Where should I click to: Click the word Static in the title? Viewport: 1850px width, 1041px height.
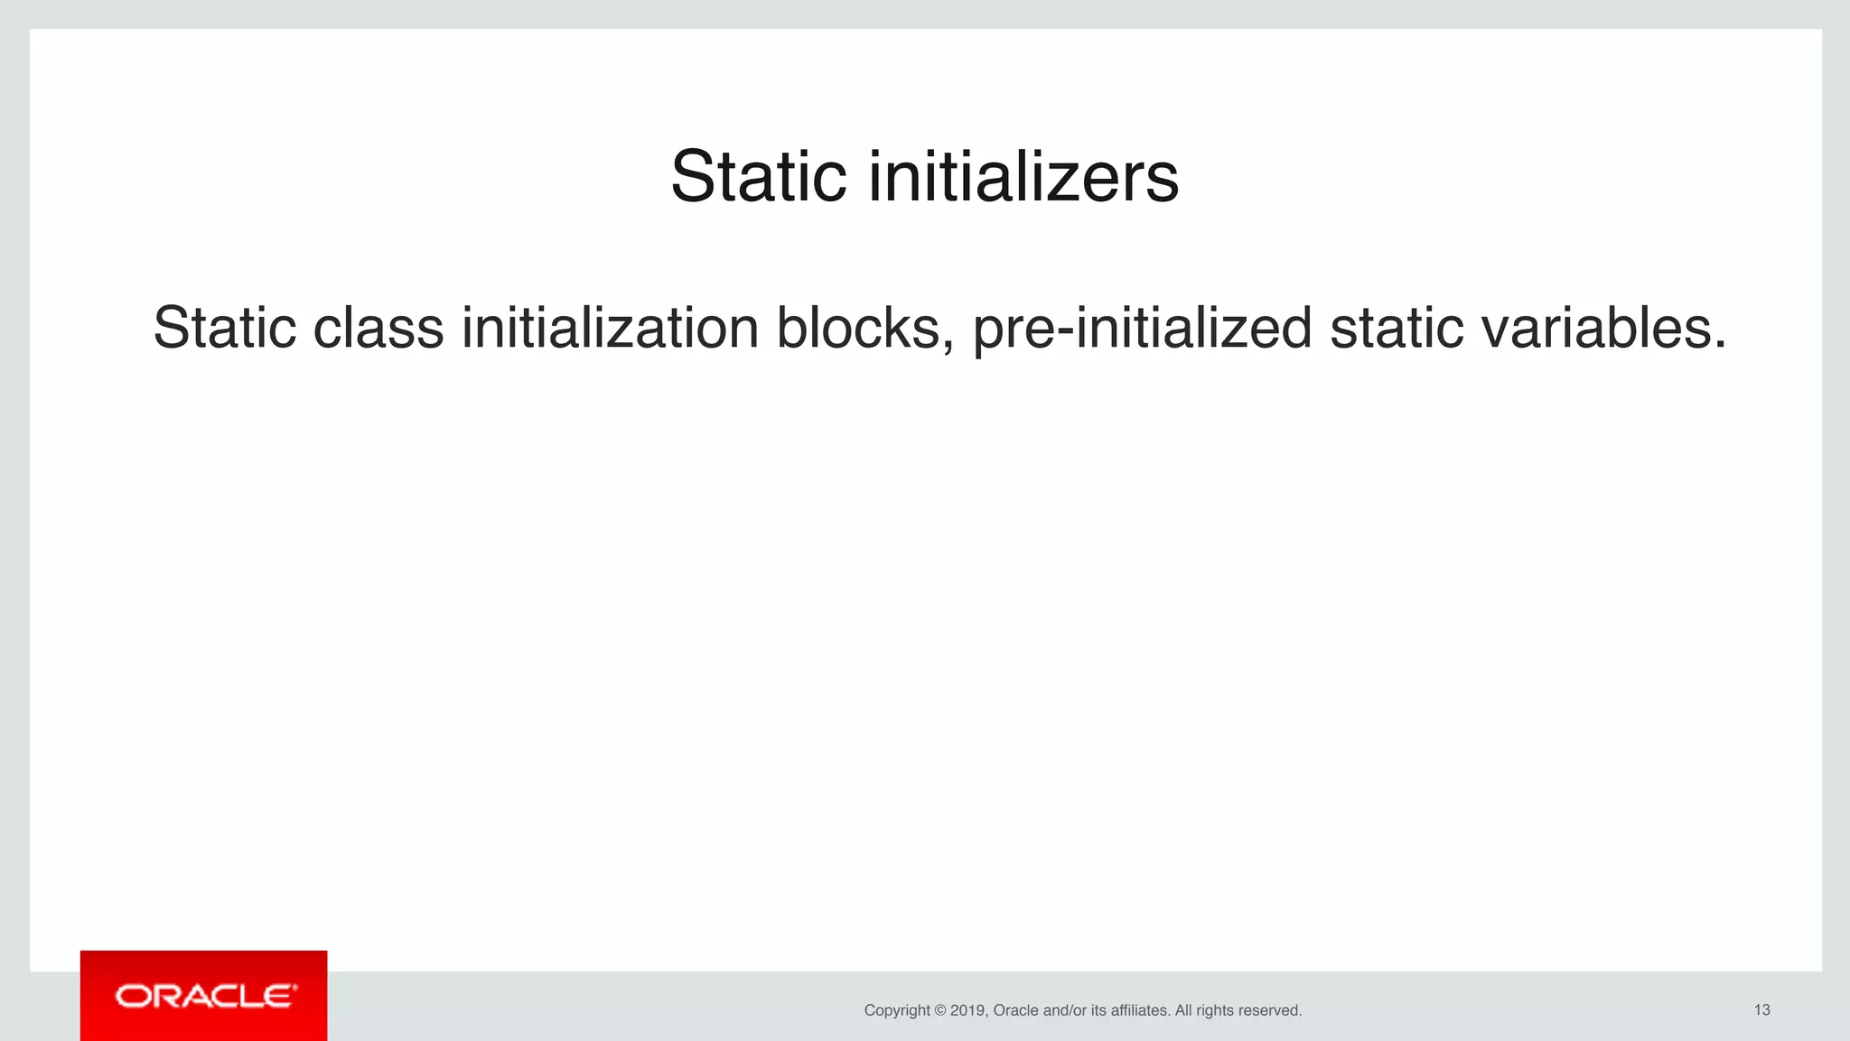(x=758, y=177)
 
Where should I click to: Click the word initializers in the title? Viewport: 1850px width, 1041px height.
(x=1023, y=177)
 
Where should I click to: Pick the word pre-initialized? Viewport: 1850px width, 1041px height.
(x=1141, y=329)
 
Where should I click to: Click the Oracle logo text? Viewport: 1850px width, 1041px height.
(x=205, y=996)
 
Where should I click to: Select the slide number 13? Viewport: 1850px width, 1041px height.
(x=1761, y=1009)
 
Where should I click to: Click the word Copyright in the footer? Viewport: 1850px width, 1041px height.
(x=897, y=1010)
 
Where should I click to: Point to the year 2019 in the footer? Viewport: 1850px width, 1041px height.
(x=967, y=1010)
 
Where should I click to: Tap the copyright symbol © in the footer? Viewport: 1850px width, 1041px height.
(x=940, y=1010)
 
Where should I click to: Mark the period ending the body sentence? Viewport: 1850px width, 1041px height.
(x=1719, y=345)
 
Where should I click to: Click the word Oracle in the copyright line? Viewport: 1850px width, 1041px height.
(x=1015, y=1010)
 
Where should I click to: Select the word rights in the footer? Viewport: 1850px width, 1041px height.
(x=1215, y=1010)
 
